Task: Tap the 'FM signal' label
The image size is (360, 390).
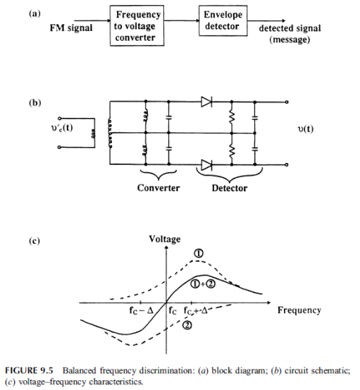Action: pyautogui.click(x=71, y=28)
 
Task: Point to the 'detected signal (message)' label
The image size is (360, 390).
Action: pyautogui.click(x=290, y=34)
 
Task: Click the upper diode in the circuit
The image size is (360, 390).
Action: pyautogui.click(x=206, y=102)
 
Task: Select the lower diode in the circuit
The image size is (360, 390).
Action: pyautogui.click(x=206, y=165)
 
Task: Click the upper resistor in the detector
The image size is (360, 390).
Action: pyautogui.click(x=232, y=117)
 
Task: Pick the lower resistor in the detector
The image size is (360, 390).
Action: pyautogui.click(x=232, y=150)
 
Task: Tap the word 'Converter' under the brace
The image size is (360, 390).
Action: pyautogui.click(x=159, y=188)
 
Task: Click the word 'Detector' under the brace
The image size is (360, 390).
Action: pyautogui.click(x=230, y=188)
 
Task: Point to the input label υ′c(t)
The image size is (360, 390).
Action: pyautogui.click(x=61, y=128)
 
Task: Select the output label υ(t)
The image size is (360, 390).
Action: pyautogui.click(x=305, y=129)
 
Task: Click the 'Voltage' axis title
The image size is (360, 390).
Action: pyautogui.click(x=165, y=239)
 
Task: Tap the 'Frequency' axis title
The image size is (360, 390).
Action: pyautogui.click(x=299, y=310)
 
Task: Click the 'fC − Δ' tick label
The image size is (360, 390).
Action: pyautogui.click(x=142, y=310)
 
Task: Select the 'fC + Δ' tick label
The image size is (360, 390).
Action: pyautogui.click(x=196, y=310)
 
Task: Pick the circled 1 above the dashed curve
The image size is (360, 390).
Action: pyautogui.click(x=199, y=253)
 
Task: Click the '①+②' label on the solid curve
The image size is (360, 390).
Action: pyautogui.click(x=203, y=284)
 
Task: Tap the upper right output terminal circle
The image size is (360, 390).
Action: pyautogui.click(x=287, y=102)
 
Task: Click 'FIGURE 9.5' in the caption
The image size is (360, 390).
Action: pyautogui.click(x=29, y=370)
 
